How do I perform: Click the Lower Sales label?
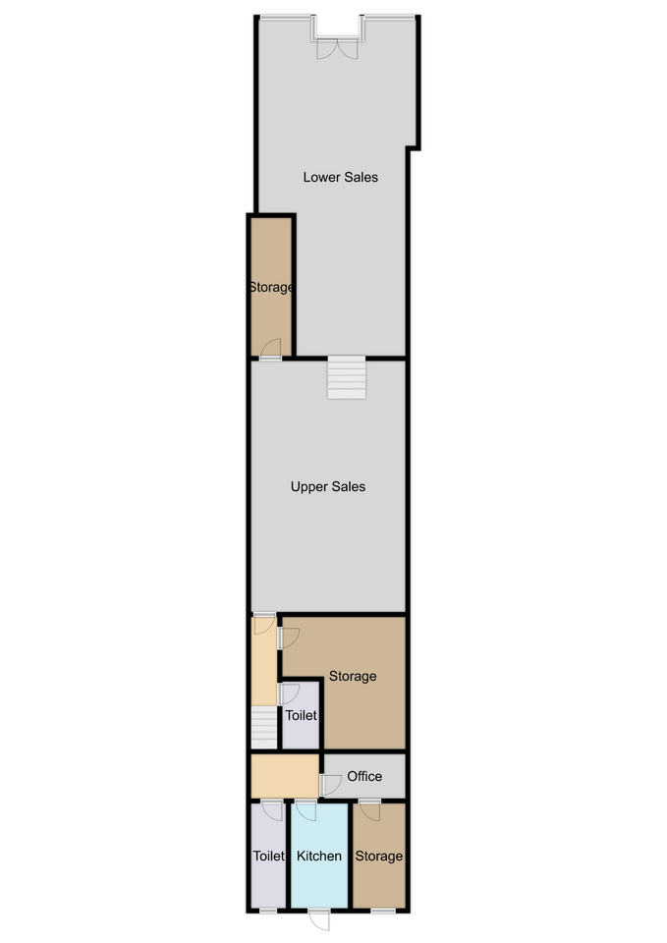click(x=341, y=177)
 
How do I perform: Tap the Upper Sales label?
click(x=328, y=486)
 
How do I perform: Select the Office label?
click(x=364, y=776)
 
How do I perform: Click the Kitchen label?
click(x=318, y=856)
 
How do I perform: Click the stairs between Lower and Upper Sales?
click(x=347, y=377)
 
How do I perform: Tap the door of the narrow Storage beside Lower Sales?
click(x=271, y=350)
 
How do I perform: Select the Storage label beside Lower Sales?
click(x=271, y=288)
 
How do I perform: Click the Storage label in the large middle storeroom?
click(x=353, y=676)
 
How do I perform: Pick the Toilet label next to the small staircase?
click(x=301, y=715)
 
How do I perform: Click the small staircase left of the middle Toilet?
click(x=264, y=728)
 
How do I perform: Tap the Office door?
click(x=330, y=785)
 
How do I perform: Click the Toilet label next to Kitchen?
click(x=268, y=856)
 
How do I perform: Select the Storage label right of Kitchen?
click(x=378, y=856)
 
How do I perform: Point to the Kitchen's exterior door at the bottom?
click(x=319, y=920)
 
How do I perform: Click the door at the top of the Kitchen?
click(x=306, y=810)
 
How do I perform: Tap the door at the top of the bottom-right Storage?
click(x=369, y=810)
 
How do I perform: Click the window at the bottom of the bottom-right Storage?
click(x=383, y=912)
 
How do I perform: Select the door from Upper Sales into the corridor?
click(x=264, y=624)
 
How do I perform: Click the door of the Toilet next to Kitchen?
click(x=272, y=810)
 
